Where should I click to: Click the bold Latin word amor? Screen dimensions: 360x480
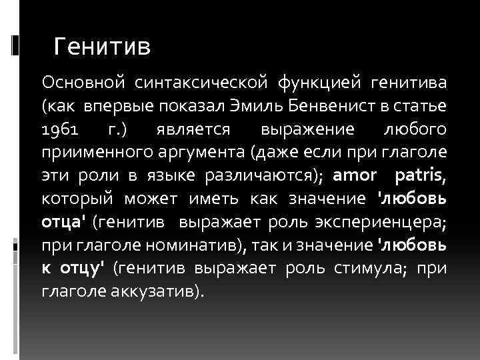coord(355,176)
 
